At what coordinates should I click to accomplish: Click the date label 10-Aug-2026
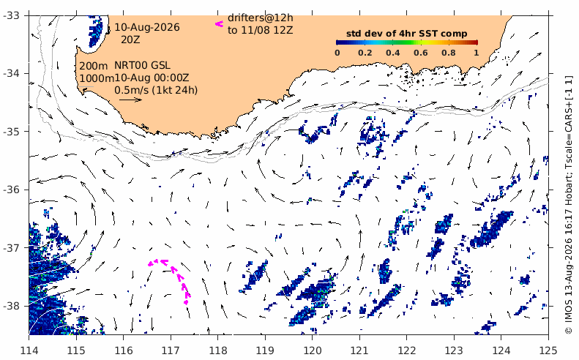click(147, 27)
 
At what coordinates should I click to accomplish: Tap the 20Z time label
click(131, 40)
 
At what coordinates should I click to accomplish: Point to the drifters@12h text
click(261, 18)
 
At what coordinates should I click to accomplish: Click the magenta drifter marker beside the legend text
click(220, 24)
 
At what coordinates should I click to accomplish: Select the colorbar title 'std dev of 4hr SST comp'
click(406, 34)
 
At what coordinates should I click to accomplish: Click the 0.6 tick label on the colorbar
click(421, 53)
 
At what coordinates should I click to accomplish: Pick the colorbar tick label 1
click(477, 53)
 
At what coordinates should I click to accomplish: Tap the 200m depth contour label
click(94, 66)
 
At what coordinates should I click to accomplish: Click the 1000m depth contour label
click(97, 78)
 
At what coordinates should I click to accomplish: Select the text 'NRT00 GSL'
click(142, 66)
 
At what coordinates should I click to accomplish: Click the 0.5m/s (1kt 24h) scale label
click(156, 90)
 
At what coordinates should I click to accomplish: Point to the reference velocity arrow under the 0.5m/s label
click(131, 100)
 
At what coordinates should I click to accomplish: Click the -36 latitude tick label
click(12, 190)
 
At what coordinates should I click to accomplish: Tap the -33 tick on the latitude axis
click(12, 15)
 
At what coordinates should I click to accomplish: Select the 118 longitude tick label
click(217, 350)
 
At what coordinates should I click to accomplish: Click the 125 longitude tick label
click(548, 350)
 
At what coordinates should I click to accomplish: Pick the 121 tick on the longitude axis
click(359, 350)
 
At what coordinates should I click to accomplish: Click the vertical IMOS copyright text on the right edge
click(568, 205)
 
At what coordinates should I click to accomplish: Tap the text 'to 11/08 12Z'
click(261, 30)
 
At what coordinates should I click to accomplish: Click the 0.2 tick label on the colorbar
click(365, 53)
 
